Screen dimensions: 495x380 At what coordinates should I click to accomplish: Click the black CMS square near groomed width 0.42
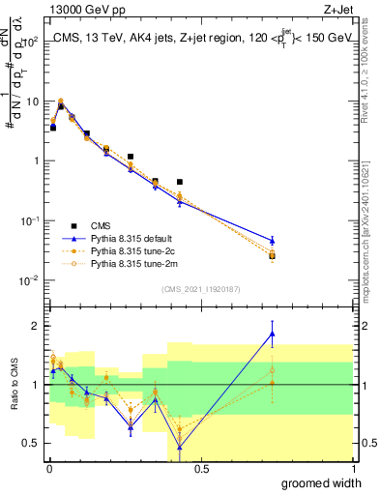[x=180, y=182]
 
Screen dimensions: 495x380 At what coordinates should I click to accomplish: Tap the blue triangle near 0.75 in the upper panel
[x=272, y=240]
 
